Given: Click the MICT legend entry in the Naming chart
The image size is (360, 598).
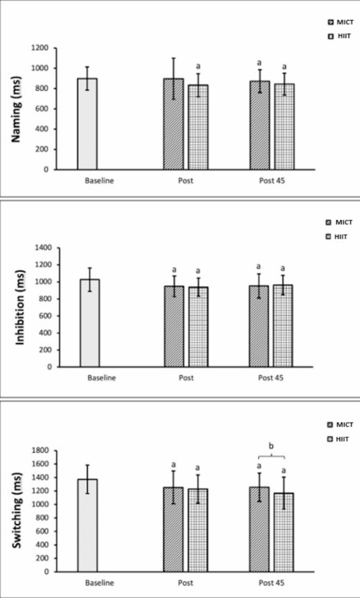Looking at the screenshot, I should [x=340, y=23].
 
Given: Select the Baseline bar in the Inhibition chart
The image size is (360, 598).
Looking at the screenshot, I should [x=89, y=323].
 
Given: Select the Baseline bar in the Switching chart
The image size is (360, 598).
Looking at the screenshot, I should [x=87, y=525].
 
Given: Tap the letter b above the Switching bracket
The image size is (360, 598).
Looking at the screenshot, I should [x=271, y=447].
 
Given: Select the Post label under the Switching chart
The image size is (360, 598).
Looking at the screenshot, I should [x=186, y=583].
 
